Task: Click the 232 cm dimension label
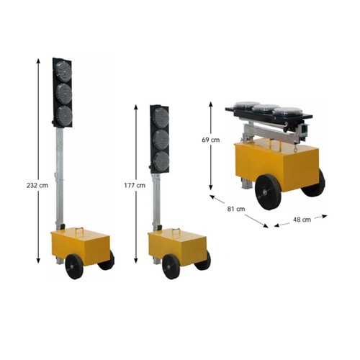37,185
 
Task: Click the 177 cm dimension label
135,185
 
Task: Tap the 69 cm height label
211,140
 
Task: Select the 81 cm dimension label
236,209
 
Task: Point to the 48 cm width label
302,220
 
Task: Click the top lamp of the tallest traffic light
63,71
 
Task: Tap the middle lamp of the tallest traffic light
63,94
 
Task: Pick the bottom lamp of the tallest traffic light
64,115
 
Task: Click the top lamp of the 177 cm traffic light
161,118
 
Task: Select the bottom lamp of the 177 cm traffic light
161,161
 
